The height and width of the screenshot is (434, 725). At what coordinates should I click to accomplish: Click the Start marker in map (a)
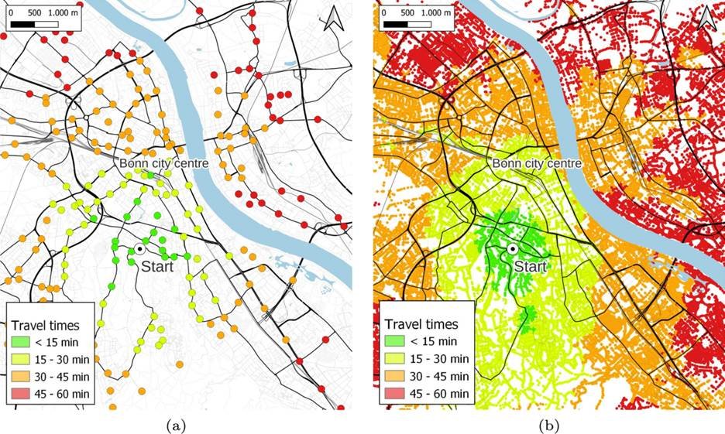coord(139,248)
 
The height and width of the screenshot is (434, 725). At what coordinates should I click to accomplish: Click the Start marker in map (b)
coord(512,248)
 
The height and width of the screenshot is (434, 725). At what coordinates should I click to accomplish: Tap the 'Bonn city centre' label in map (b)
coord(536,163)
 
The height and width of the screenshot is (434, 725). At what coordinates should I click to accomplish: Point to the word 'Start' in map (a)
coord(157,267)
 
